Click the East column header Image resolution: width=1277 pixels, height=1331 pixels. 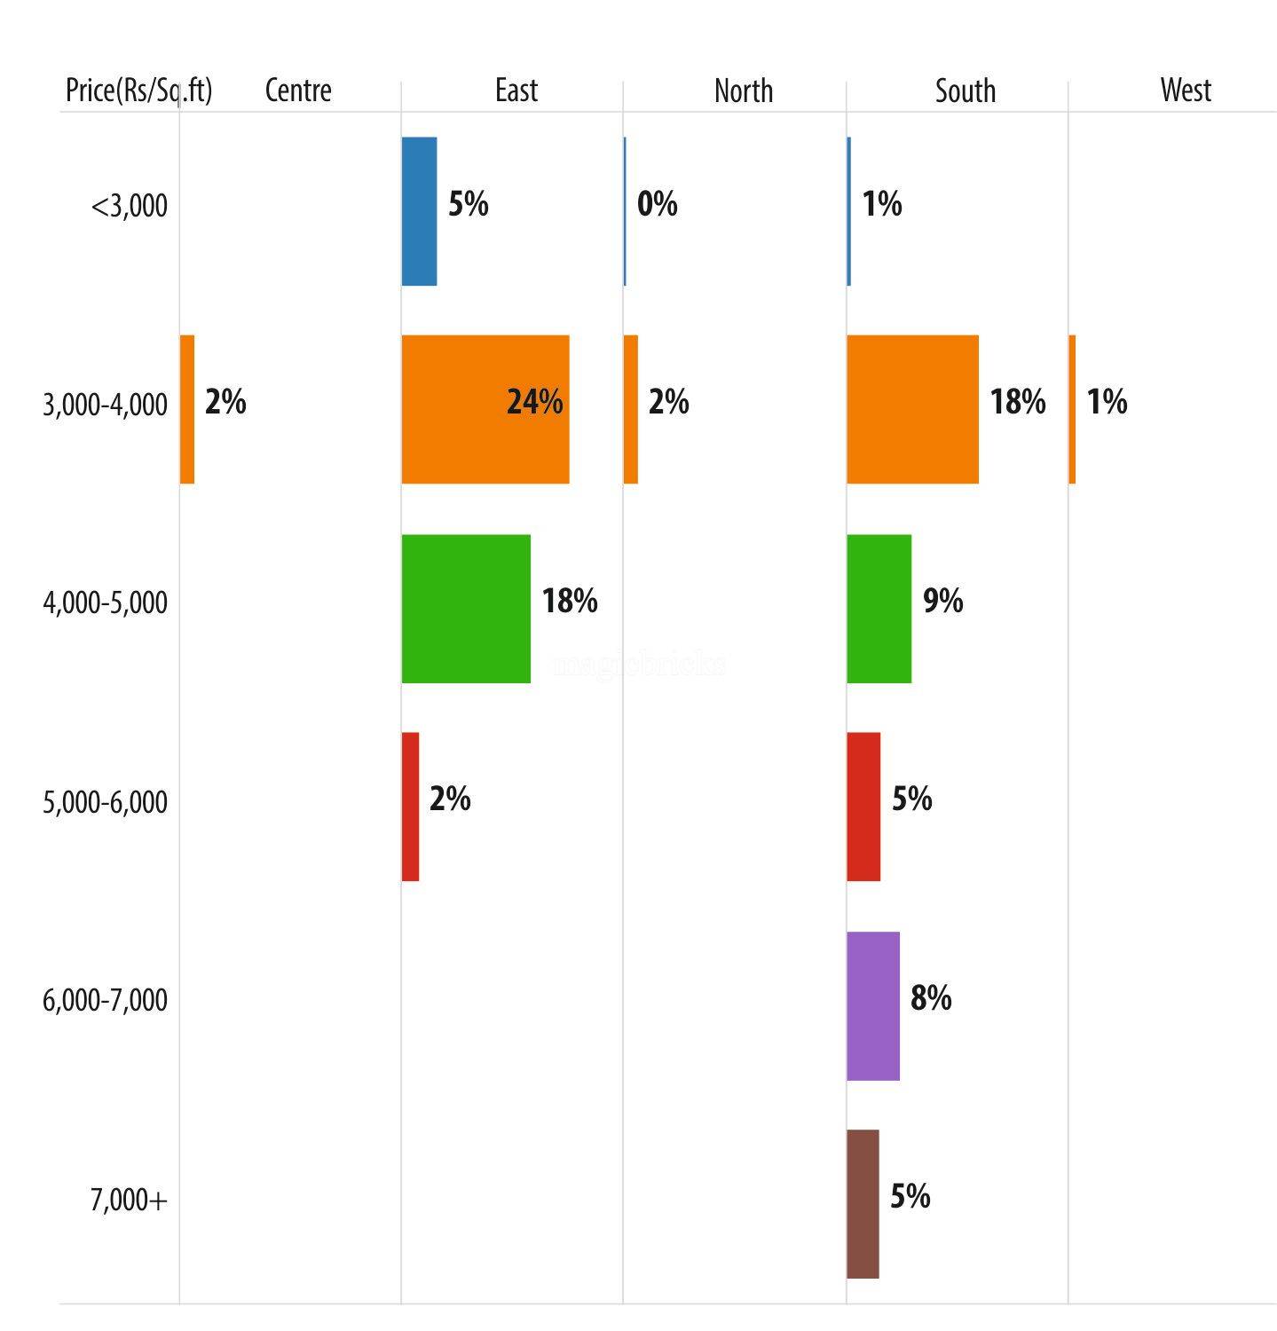pyautogui.click(x=516, y=91)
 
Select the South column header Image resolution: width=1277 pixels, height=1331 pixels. pyautogui.click(x=966, y=91)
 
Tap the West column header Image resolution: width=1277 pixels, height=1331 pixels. pyautogui.click(x=1186, y=91)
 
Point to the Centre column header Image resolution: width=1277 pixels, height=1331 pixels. pyautogui.click(x=298, y=91)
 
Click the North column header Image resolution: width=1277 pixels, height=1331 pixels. pyautogui.click(x=744, y=91)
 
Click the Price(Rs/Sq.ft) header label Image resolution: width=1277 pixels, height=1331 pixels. pyautogui.click(x=139, y=91)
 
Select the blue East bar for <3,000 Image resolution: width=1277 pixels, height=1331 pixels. pyautogui.click(x=419, y=211)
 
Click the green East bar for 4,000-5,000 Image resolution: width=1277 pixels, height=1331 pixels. pyautogui.click(x=466, y=609)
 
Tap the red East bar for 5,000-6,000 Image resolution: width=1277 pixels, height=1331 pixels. pyautogui.click(x=410, y=807)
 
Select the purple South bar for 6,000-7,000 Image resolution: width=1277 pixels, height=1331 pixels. pyautogui.click(x=873, y=1005)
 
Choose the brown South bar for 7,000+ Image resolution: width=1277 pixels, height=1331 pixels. pyautogui.click(x=863, y=1203)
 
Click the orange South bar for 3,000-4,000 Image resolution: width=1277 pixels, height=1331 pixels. pyautogui.click(x=912, y=409)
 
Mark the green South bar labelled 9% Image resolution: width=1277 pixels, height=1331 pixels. pyautogui.click(x=879, y=609)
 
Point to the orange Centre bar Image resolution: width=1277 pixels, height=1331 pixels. pyautogui.click(x=187, y=409)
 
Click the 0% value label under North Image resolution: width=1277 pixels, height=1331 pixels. pyautogui.click(x=658, y=204)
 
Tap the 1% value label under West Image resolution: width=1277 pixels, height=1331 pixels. pyautogui.click(x=1108, y=402)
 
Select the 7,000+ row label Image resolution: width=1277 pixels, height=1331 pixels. pyautogui.click(x=129, y=1201)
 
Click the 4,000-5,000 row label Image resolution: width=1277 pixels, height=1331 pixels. pyautogui.click(x=105, y=603)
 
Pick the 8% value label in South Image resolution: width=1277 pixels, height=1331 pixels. pyautogui.click(x=931, y=998)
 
